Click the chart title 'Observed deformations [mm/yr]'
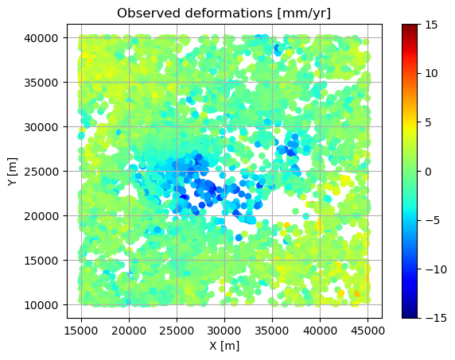224,13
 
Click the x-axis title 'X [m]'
224,345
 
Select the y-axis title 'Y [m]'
12,172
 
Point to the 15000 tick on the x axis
81,331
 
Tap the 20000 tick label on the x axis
129,331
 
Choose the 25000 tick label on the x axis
177,331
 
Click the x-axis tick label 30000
224,331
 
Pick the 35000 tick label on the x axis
272,331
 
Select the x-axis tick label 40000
320,331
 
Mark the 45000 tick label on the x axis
368,331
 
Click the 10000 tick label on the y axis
41,305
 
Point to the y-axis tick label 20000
41,216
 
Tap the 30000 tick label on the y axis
41,127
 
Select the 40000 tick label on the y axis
41,38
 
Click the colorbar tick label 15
431,25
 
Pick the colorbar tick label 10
431,74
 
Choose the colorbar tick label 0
428,172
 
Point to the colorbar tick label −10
436,269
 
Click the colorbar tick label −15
436,318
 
